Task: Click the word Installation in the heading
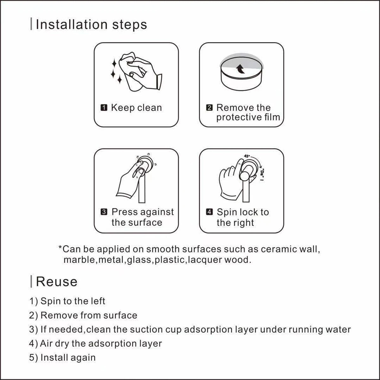pyautogui.click(x=72, y=24)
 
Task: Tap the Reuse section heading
pyautogui.click(x=57, y=282)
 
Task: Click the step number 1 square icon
pyautogui.click(x=104, y=108)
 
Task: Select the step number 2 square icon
pyautogui.click(x=209, y=108)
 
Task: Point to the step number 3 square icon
pyautogui.click(x=104, y=212)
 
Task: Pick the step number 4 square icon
pyautogui.click(x=209, y=212)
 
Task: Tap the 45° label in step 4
pyautogui.click(x=247, y=156)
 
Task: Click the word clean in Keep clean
pyautogui.click(x=149, y=108)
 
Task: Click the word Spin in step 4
pyautogui.click(x=225, y=212)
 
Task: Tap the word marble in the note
pyautogui.click(x=79, y=260)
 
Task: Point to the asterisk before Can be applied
pyautogui.click(x=60, y=247)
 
